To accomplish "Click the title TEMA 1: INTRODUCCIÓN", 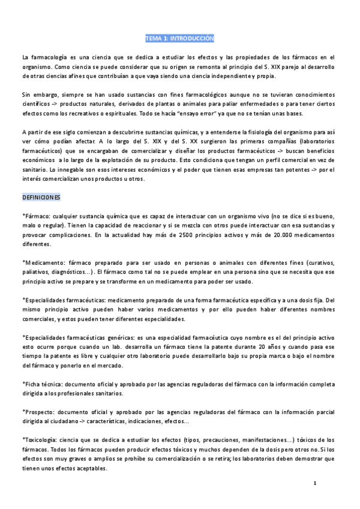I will point(179,38).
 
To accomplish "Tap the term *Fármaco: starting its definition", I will point(36,216).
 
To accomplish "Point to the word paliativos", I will point(37,273).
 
